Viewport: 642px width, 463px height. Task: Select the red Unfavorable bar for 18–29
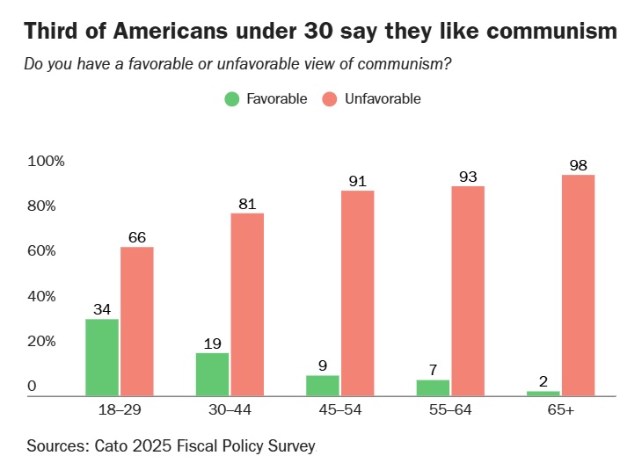[x=137, y=321]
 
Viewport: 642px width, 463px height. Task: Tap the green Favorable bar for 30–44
[x=212, y=374]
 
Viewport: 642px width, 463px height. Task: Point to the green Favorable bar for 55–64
[x=433, y=387]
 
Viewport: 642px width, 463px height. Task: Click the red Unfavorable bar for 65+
[x=579, y=285]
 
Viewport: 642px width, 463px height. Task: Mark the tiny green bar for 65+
[x=543, y=394]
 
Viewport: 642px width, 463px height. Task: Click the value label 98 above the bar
[x=578, y=165]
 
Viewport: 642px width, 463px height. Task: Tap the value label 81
[x=247, y=204]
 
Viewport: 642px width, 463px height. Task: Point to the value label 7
[x=433, y=370]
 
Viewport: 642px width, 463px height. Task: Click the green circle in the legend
[x=232, y=99]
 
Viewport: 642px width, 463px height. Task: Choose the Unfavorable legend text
[x=383, y=99]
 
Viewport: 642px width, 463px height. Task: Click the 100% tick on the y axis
[x=46, y=162]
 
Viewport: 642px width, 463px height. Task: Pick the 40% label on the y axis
[x=42, y=297]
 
